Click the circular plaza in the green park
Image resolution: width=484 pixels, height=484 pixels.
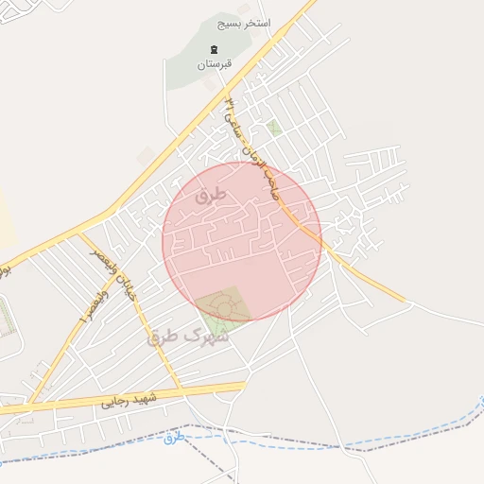coord(224,305)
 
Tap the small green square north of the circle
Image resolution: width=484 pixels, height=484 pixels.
coord(274,126)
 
